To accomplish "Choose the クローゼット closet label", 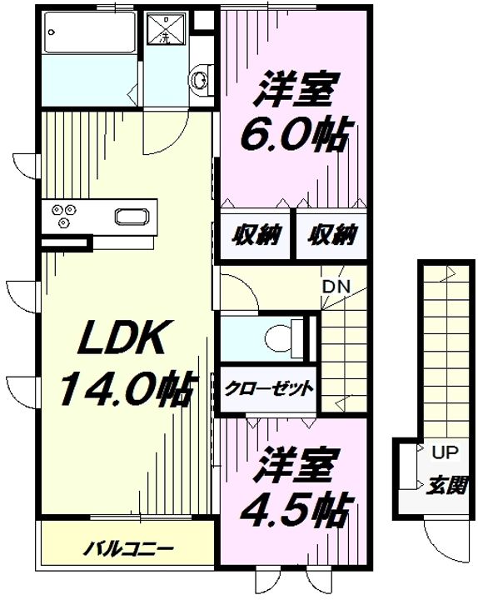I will [x=267, y=388].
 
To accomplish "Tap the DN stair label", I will [x=336, y=287].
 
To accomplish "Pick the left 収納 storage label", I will [x=255, y=236].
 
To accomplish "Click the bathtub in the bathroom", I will [x=87, y=35].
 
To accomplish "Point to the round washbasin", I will [x=199, y=79].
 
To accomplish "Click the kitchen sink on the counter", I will [x=130, y=217].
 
